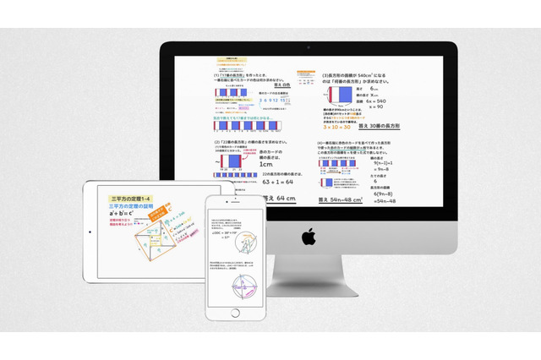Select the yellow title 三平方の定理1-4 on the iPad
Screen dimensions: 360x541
[128, 196]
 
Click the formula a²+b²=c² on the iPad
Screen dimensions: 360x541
[124, 215]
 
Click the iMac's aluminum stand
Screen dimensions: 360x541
[309, 282]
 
